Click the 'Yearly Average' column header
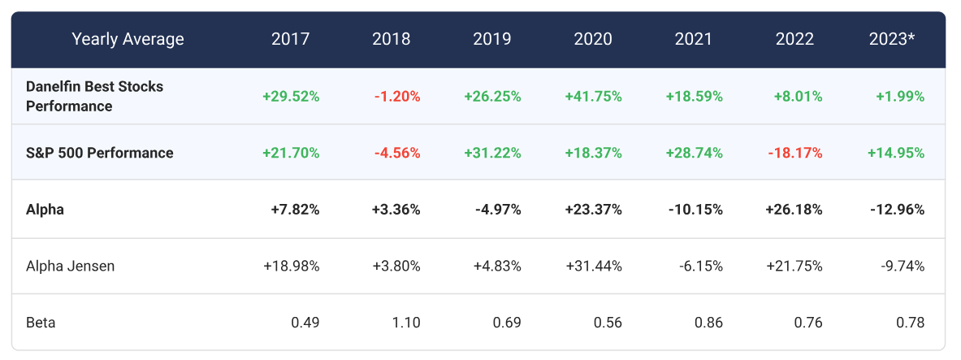pyautogui.click(x=128, y=39)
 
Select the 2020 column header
pyautogui.click(x=593, y=39)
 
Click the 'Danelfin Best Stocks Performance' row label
pyautogui.click(x=94, y=96)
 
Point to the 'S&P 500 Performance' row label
pyautogui.click(x=99, y=153)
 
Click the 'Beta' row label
pyautogui.click(x=41, y=323)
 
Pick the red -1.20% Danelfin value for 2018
pyautogui.click(x=397, y=96)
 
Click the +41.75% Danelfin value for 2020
pyautogui.click(x=593, y=96)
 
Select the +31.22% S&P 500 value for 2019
pyautogui.click(x=492, y=153)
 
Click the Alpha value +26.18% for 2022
pyautogui.click(x=794, y=209)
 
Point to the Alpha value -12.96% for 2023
pyautogui.click(x=896, y=209)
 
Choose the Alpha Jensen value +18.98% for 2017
pyautogui.click(x=291, y=266)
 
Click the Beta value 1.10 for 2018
pyautogui.click(x=406, y=323)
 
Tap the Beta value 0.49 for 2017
pyautogui.click(x=305, y=323)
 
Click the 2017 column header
pyautogui.click(x=290, y=39)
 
